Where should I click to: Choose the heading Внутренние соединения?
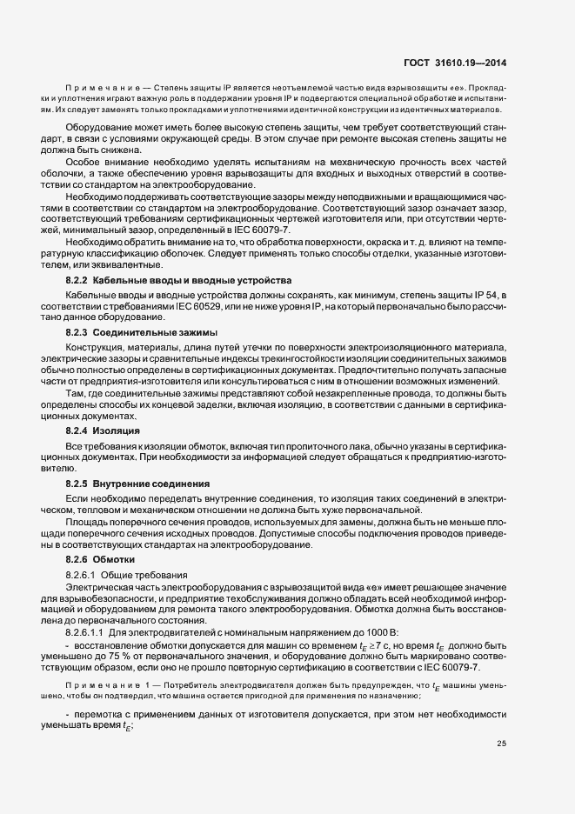click(151, 483)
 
